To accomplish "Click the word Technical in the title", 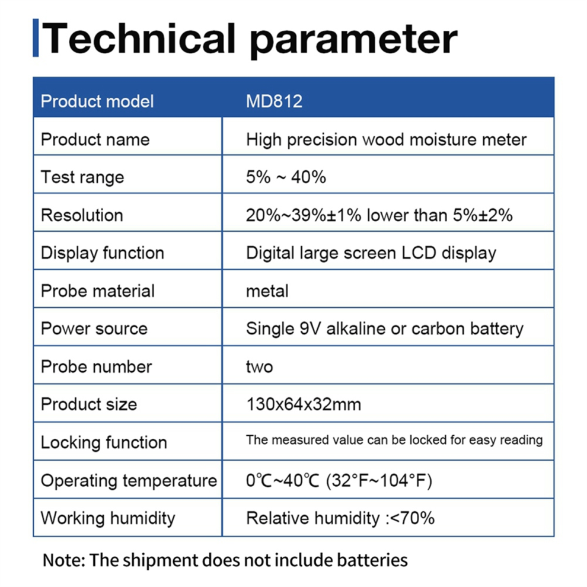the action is click(x=139, y=38).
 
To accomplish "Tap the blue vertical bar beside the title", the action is click(x=36, y=38).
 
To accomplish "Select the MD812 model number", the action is click(x=274, y=101).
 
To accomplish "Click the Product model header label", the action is click(x=97, y=101).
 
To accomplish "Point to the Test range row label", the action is click(x=82, y=177).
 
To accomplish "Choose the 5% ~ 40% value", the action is click(x=286, y=177).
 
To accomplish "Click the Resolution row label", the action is click(x=82, y=215).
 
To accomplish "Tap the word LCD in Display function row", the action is click(x=419, y=253).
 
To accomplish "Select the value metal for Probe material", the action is click(x=267, y=291).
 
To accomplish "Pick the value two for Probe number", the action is click(x=260, y=367).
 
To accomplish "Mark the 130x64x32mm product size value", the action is click(x=304, y=404).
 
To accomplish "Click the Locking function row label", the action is click(x=104, y=442).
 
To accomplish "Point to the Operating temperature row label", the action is click(x=129, y=481).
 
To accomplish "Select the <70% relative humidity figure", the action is click(x=412, y=518).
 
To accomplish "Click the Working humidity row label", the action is click(x=108, y=518).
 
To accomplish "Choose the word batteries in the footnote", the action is click(x=372, y=560).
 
